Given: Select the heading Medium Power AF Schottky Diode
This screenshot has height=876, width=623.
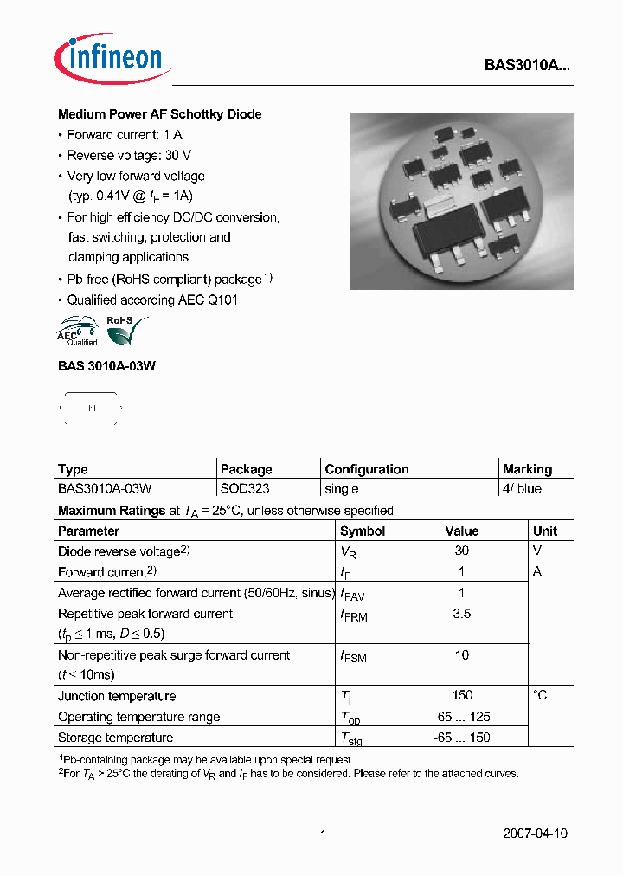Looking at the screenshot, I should point(159,114).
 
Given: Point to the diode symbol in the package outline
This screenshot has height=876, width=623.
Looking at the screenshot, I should point(92,408).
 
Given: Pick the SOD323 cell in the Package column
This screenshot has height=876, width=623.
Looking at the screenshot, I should point(245,489).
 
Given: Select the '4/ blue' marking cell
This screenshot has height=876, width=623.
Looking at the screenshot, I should point(522,489).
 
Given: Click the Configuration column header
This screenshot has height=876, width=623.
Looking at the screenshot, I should point(367,469).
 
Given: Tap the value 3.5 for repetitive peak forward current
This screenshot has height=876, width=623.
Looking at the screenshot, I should point(462,614).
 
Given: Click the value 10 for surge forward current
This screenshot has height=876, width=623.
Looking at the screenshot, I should point(462,655).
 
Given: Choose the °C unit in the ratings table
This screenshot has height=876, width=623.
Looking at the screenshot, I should point(540,695).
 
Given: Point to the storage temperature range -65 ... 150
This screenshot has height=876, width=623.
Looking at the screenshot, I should point(462,738).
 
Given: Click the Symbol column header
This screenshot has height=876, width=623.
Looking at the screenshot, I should point(362,531).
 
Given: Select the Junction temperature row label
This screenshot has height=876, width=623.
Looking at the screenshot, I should point(117,696).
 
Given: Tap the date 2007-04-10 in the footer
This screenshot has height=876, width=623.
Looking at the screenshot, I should point(535,834).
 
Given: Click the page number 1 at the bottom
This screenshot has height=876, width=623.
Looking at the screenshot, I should point(323,834).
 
